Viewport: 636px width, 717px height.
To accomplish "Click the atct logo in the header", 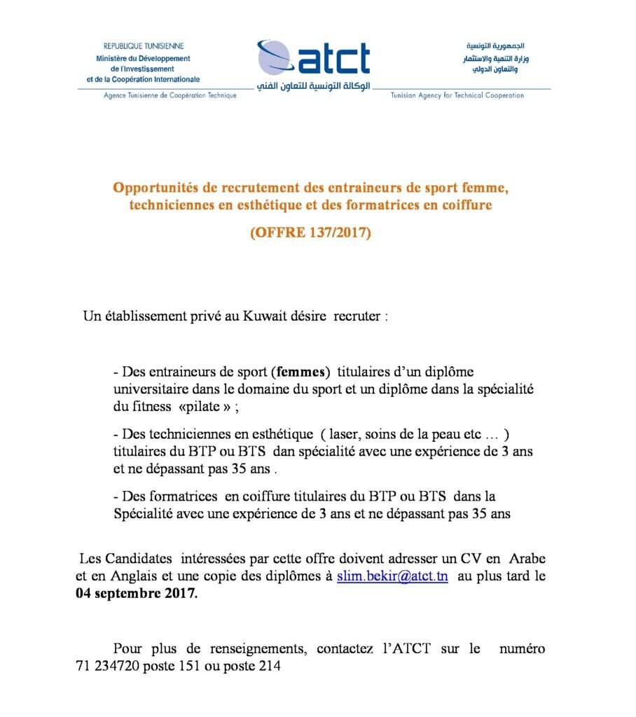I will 314,60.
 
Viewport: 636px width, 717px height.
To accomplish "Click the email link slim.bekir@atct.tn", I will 393,576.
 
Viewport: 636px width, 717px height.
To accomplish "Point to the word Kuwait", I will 265,316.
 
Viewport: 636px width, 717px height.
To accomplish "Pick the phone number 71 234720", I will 108,667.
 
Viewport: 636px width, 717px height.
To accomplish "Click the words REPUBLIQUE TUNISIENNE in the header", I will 144,46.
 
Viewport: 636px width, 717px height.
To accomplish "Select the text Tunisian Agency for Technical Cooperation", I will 457,95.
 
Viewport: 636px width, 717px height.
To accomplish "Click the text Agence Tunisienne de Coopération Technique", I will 170,95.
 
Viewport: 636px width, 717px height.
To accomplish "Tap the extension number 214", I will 270,667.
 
